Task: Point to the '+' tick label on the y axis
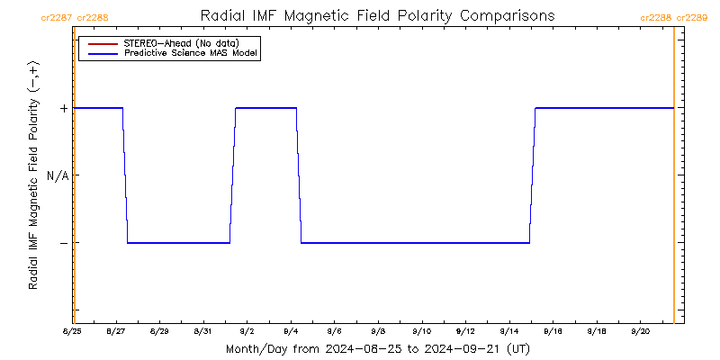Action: (64, 108)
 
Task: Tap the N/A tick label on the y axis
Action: (58, 175)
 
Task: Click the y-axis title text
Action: (33, 175)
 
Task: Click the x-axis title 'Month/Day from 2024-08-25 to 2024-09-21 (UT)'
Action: (377, 348)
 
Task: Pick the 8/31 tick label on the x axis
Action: (203, 330)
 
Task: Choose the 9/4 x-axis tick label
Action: (291, 330)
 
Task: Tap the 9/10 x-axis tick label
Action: (422, 330)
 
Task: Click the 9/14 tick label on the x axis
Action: (509, 330)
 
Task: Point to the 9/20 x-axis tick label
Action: (641, 330)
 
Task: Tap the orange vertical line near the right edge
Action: (674, 180)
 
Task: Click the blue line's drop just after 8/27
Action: (125, 175)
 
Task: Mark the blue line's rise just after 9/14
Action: (533, 175)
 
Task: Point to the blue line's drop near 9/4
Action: (299, 175)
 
